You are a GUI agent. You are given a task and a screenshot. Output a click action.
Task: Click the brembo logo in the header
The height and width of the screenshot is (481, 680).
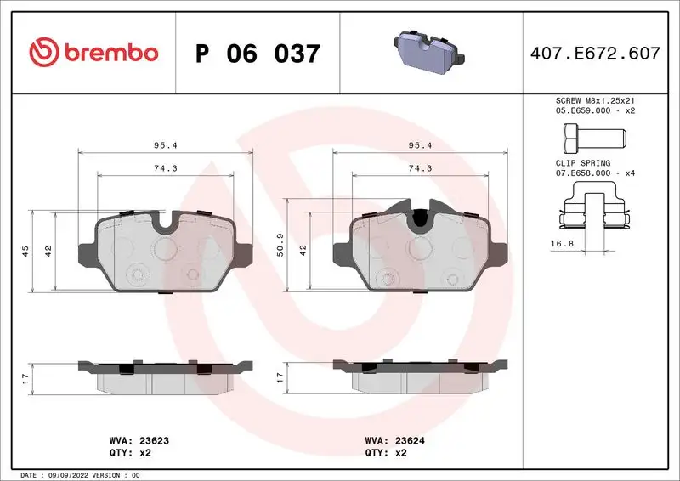pyautogui.click(x=93, y=53)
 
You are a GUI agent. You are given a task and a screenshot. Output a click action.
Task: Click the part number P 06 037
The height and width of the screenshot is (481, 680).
pyautogui.click(x=258, y=54)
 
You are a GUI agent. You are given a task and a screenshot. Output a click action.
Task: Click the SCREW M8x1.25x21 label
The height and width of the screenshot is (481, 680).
pyautogui.click(x=593, y=100)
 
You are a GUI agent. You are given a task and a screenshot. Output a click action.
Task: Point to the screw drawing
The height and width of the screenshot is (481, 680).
pyautogui.click(x=592, y=136)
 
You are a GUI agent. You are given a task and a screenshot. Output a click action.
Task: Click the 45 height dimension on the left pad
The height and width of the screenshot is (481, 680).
pyautogui.click(x=25, y=250)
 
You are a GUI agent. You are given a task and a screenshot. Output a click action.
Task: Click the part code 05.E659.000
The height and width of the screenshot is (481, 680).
pyautogui.click(x=581, y=110)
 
